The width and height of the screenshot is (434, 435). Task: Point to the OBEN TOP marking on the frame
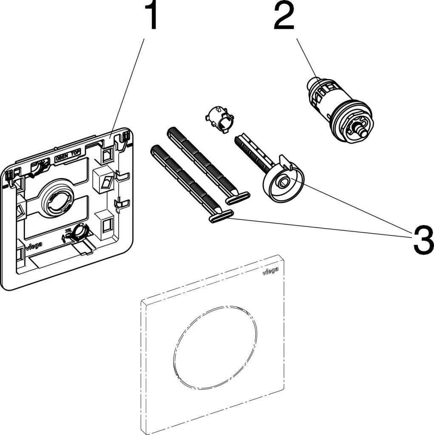click(x=68, y=158)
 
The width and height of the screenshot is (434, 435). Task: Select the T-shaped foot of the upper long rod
click(x=238, y=198)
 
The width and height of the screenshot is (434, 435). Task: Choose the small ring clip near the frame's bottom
click(x=78, y=231)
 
